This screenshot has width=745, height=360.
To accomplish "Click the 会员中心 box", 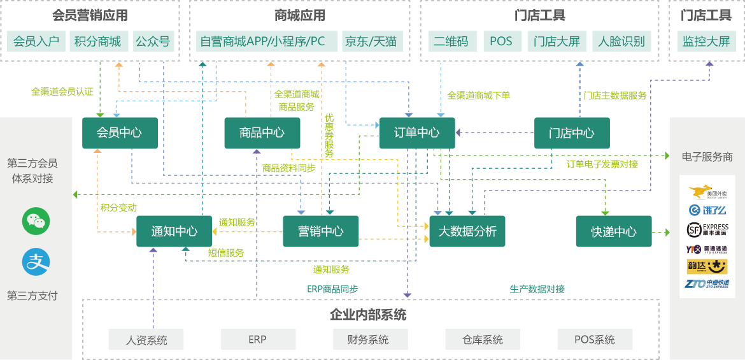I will coord(119,133).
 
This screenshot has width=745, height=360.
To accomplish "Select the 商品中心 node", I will coord(262,133).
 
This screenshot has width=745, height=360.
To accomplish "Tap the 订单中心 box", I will coord(417,133).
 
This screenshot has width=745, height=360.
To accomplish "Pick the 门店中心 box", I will coord(572,133).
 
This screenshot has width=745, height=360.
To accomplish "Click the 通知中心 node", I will coord(174,231).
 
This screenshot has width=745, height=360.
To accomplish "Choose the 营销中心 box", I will coord(320,231).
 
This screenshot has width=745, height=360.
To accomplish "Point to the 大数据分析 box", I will coord(467,231).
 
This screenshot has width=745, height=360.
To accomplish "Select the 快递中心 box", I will coord(614,231).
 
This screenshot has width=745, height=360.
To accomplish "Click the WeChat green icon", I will coord(36,221).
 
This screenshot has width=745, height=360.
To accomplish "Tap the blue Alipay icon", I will coord(36,263).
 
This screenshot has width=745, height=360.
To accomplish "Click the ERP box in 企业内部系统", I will coord(258,340).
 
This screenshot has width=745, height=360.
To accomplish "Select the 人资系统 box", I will coord(146,340).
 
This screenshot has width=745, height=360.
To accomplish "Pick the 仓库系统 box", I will coord(482,340).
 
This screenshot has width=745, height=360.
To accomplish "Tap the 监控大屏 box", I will coord(706,42).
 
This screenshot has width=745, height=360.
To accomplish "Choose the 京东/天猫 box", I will coord(371,42).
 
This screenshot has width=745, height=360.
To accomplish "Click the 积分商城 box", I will coord(97,42).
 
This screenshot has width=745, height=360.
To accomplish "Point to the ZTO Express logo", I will coord(707,284).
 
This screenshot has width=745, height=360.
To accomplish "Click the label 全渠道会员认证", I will coord(62,92).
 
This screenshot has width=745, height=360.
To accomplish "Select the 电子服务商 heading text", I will coord(707,157).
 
